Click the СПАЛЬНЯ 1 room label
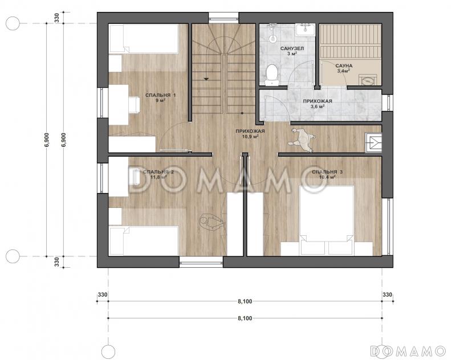160,95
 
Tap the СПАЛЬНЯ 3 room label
327,171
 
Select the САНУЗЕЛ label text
292,48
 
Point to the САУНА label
344,66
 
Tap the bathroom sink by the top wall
306,30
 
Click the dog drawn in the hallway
302,140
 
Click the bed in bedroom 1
144,39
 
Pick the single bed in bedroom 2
144,241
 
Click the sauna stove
368,80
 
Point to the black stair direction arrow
206,79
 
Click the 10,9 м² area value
250,136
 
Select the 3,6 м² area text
317,107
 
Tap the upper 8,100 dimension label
245,301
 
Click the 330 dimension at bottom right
388,294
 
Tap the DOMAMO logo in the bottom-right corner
408,351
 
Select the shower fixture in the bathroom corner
272,32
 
